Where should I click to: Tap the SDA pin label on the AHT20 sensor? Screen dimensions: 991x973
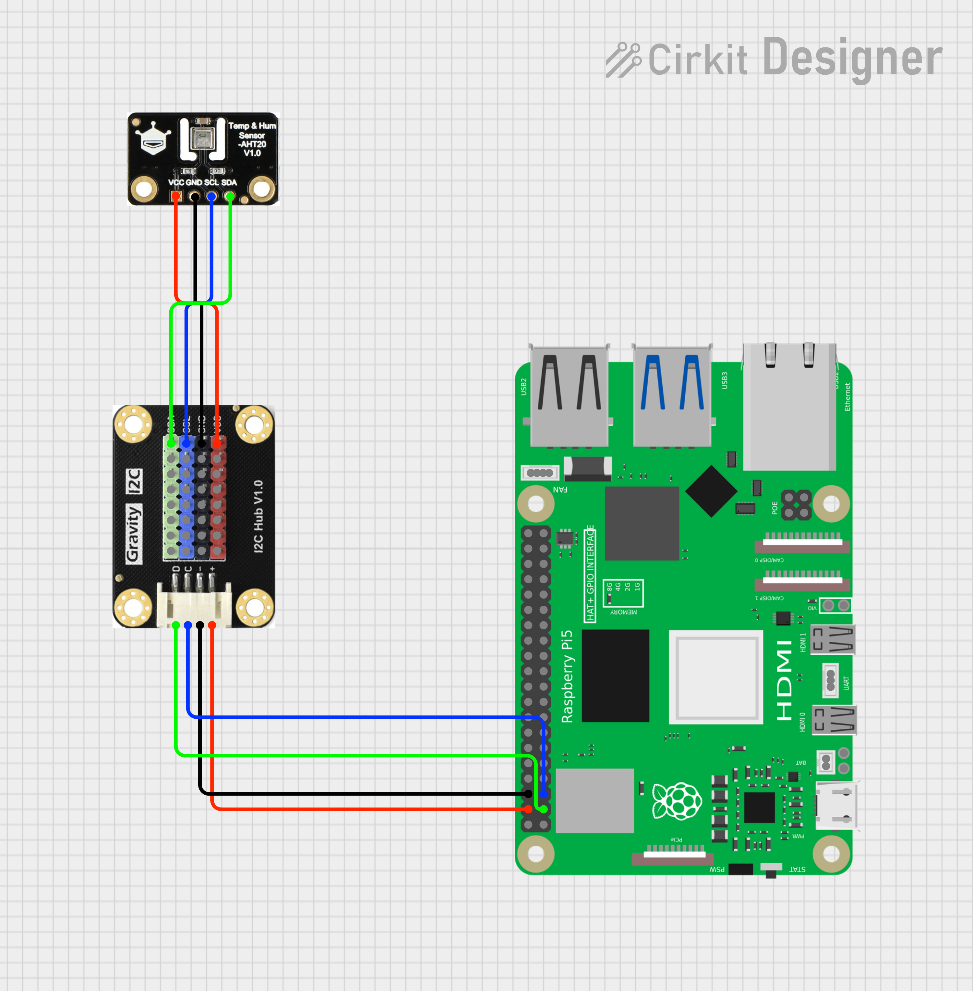point(229,182)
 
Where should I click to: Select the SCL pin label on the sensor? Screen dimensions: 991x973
point(211,182)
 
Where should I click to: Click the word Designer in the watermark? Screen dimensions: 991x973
point(852,58)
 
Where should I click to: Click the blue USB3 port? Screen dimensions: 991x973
point(672,396)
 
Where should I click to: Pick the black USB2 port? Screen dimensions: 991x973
point(569,396)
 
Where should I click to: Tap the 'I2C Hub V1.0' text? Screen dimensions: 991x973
point(258,516)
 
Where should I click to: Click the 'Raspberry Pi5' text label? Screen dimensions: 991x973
point(567,676)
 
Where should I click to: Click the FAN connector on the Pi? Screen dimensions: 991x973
point(540,473)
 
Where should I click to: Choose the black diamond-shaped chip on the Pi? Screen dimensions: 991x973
point(711,491)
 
